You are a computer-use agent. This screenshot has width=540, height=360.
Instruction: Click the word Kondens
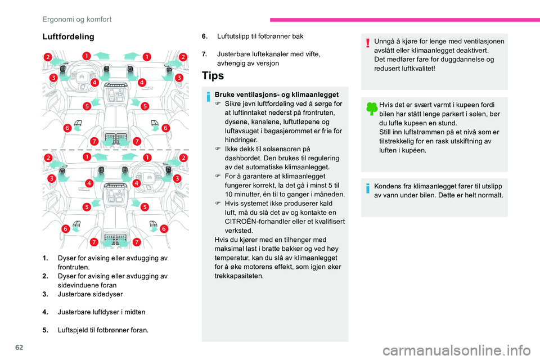(x=388, y=186)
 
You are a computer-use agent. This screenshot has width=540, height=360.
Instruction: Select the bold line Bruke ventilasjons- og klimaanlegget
(x=276, y=94)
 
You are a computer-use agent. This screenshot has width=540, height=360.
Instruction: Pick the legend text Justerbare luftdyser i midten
(x=101, y=311)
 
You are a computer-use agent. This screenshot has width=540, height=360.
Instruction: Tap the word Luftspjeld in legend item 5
(x=74, y=330)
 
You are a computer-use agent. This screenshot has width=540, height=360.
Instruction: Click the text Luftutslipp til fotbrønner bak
(x=260, y=37)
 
